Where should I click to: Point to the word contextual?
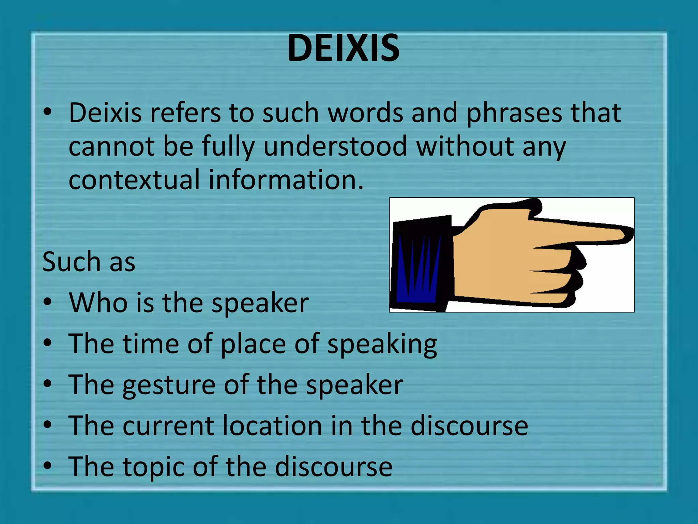134,179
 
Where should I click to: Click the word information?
286,179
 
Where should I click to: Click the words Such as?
89,262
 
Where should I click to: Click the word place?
253,344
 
